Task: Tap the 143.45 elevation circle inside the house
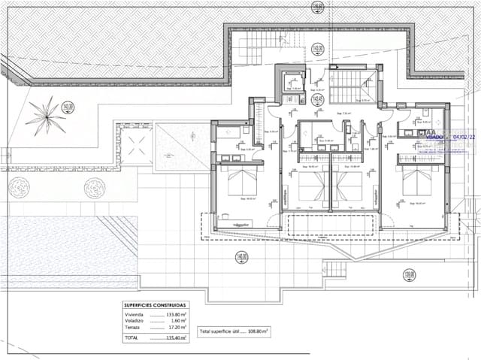pos(318,98)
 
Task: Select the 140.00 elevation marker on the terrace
pos(241,256)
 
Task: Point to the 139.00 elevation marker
pos(409,274)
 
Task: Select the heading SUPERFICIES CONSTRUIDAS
pos(155,305)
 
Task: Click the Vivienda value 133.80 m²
pos(175,314)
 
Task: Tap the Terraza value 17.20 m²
pos(175,328)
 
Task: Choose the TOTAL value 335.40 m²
pos(175,338)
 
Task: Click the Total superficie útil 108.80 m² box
pos(234,331)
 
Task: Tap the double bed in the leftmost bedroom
pos(242,185)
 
